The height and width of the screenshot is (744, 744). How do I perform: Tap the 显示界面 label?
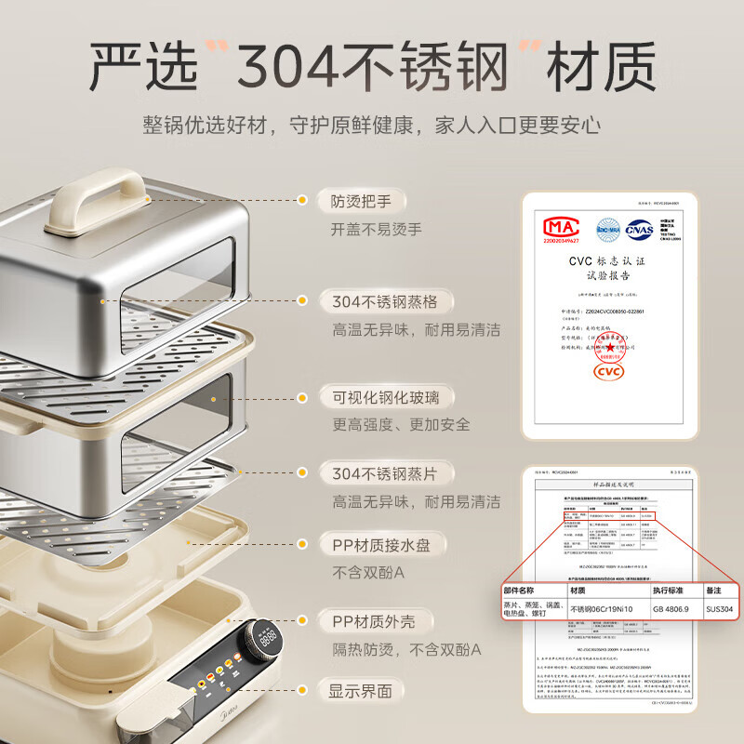coord(361,691)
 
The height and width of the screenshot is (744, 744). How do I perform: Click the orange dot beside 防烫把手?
coord(301,200)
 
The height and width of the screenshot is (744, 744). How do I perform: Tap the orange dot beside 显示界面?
coord(301,691)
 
